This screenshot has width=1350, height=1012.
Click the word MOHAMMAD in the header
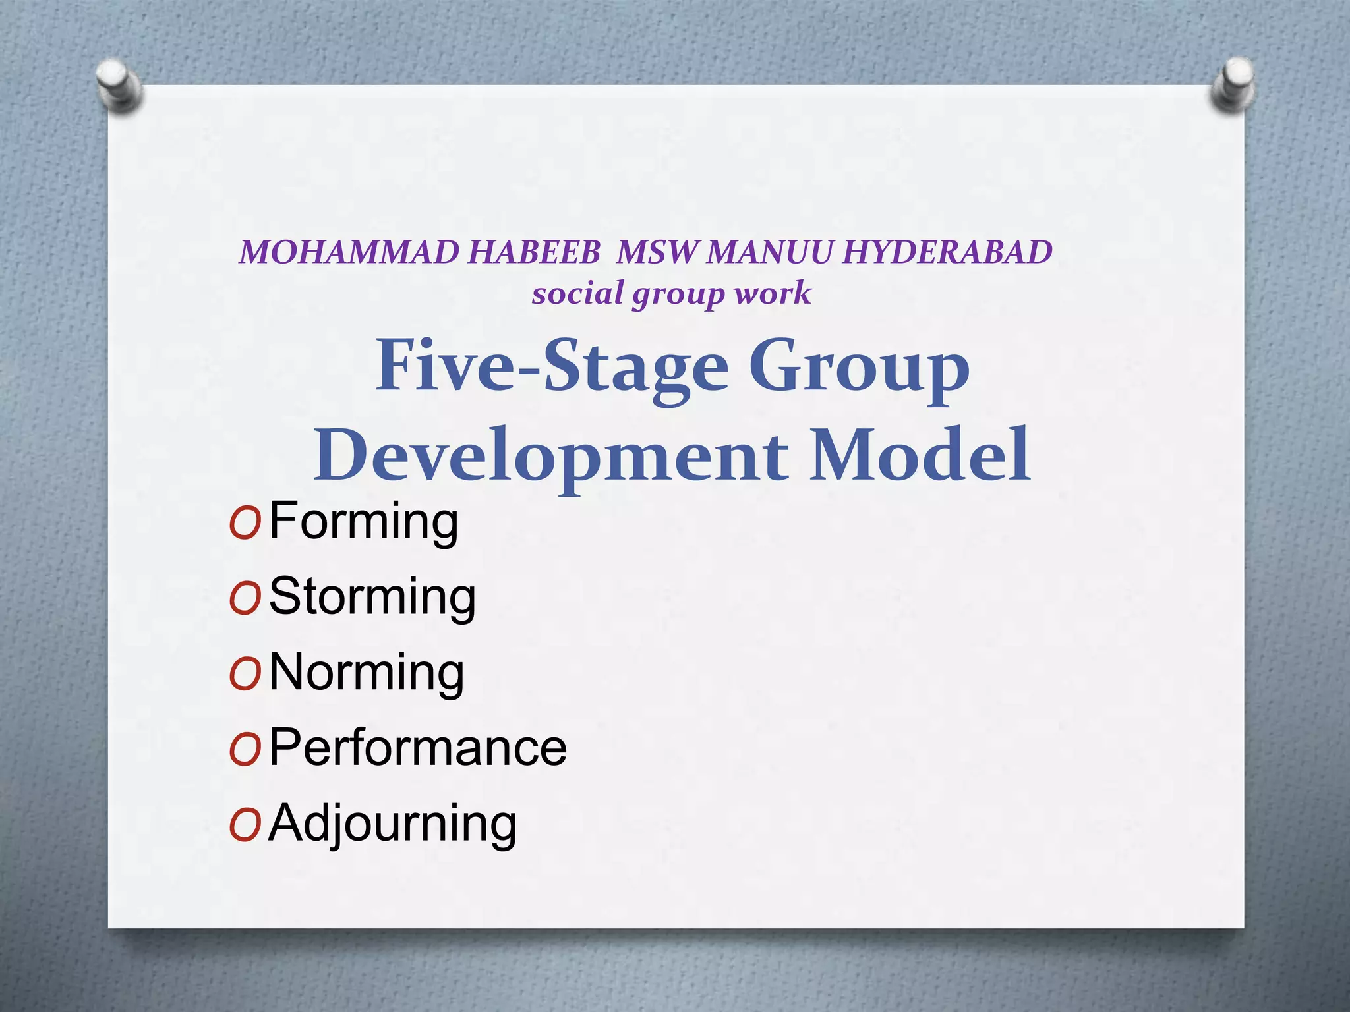[349, 252]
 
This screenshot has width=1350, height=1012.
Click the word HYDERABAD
[947, 252]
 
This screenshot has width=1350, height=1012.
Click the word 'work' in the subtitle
[773, 293]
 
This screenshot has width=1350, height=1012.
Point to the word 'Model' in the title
[920, 455]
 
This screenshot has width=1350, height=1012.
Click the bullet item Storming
[372, 597]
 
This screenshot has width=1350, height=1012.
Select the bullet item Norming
[367, 672]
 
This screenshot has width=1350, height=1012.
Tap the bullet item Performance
[418, 748]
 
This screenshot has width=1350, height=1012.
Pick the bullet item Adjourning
[393, 824]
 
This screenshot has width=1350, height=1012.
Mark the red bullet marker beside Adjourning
[245, 826]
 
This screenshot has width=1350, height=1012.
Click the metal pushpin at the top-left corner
[119, 84]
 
